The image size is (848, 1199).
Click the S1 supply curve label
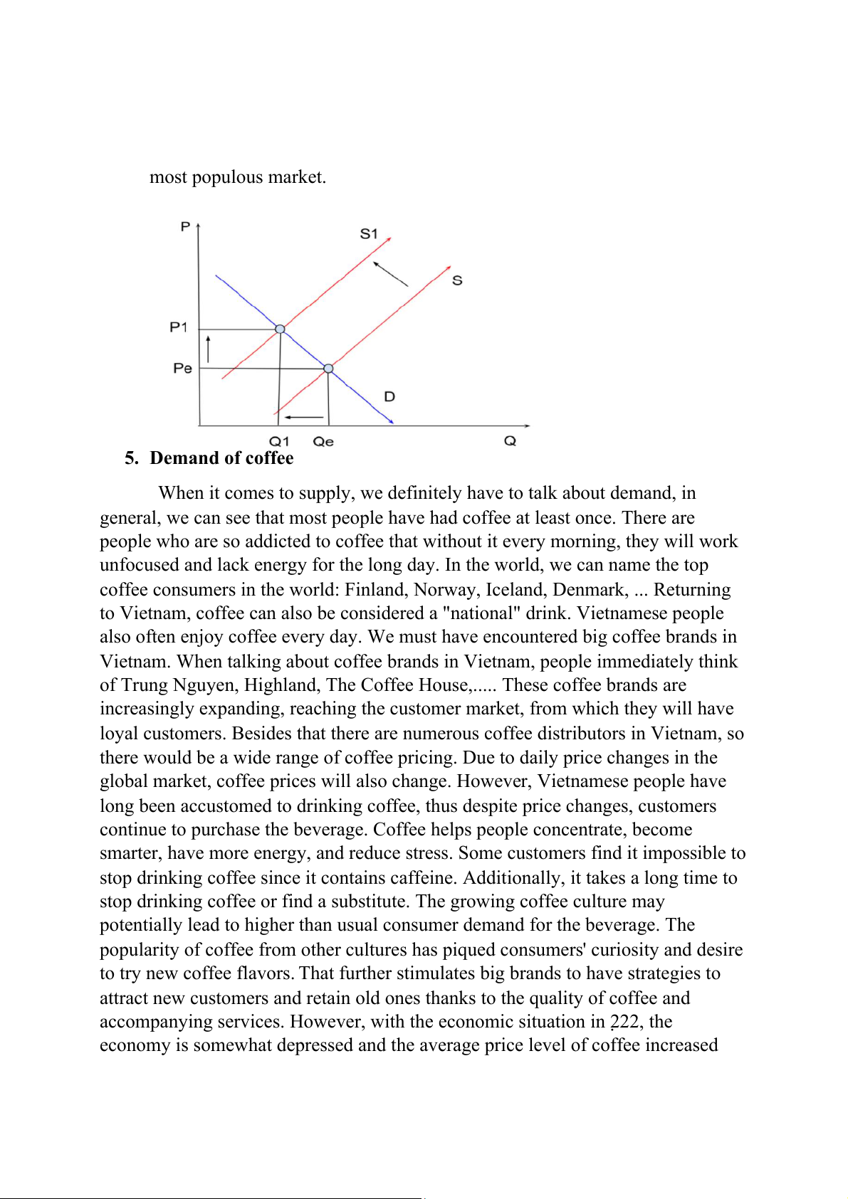369,233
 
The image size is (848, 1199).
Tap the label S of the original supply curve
457,280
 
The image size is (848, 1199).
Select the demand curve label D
389,396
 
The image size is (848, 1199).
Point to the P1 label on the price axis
179,327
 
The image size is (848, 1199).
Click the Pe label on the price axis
183,368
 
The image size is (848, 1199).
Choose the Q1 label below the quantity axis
279,441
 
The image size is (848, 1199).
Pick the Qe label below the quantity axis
323,441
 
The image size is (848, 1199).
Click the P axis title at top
185,226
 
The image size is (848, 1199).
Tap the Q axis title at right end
510,441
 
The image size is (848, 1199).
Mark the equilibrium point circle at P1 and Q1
280,329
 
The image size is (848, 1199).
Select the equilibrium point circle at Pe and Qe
328,369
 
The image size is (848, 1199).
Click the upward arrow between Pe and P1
208,348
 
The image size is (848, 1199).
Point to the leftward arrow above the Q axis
304,417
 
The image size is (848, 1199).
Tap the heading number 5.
131,458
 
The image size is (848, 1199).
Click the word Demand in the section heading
181,458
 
